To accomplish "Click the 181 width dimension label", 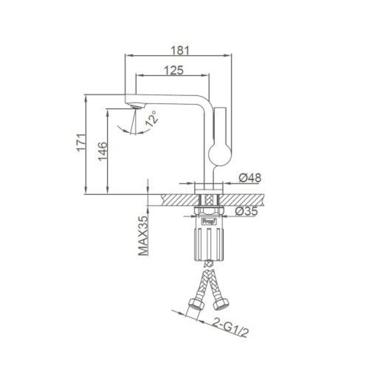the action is click(x=179, y=50).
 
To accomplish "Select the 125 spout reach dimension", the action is click(x=174, y=70).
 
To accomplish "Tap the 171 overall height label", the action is click(x=82, y=143).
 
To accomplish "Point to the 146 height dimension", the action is click(x=103, y=151).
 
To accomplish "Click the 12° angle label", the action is click(x=151, y=119).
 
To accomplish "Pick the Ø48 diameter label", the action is click(x=250, y=178).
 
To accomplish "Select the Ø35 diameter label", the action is click(x=246, y=211).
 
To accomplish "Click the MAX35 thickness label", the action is click(x=143, y=236).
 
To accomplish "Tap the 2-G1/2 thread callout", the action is click(x=230, y=327).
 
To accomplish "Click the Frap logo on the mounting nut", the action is click(x=208, y=222).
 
